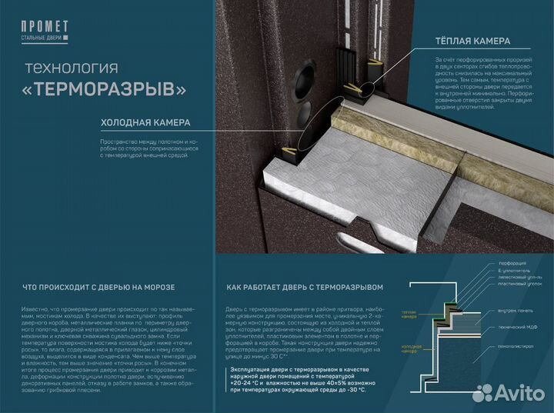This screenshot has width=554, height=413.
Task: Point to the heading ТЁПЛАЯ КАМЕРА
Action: tap(469, 42)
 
